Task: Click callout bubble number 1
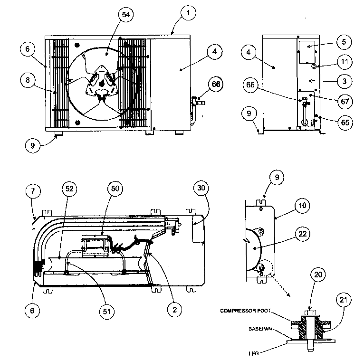188,14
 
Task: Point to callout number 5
344,42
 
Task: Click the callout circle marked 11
344,61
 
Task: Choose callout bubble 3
344,81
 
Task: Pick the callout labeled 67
344,101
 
